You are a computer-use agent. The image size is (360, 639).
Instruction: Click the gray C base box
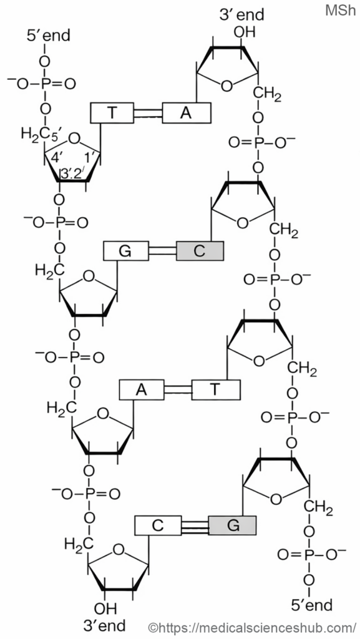click(x=200, y=251)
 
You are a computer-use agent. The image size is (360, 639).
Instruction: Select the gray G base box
click(x=232, y=525)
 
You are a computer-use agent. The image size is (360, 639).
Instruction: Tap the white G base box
click(x=126, y=251)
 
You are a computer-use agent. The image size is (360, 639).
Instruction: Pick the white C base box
click(x=158, y=525)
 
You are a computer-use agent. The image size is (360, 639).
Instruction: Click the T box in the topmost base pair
click(x=112, y=113)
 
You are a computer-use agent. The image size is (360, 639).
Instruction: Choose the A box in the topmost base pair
click(x=187, y=113)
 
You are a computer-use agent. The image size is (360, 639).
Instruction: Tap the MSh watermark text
click(x=341, y=11)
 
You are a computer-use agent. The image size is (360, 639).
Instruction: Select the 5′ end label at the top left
click(x=49, y=35)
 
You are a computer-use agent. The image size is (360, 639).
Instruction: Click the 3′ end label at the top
click(x=241, y=15)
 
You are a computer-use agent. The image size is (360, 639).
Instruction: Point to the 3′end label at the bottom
click(x=104, y=625)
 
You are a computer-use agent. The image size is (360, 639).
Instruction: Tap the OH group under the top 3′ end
click(x=244, y=32)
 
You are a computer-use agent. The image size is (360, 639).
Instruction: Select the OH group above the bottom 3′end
click(x=105, y=608)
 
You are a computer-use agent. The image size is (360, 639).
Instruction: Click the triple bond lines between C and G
click(x=195, y=525)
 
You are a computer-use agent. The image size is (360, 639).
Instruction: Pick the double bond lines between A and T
click(x=178, y=389)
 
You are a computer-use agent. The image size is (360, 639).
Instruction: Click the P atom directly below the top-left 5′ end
click(x=46, y=84)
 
